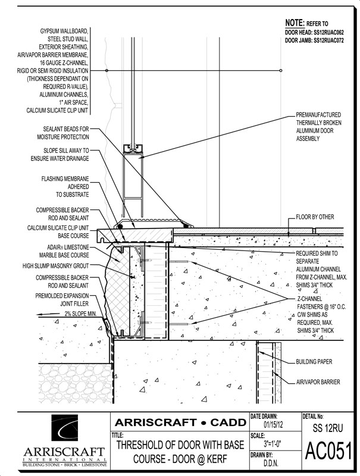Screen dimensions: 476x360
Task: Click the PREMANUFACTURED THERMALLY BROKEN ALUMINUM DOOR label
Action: [325, 126]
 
